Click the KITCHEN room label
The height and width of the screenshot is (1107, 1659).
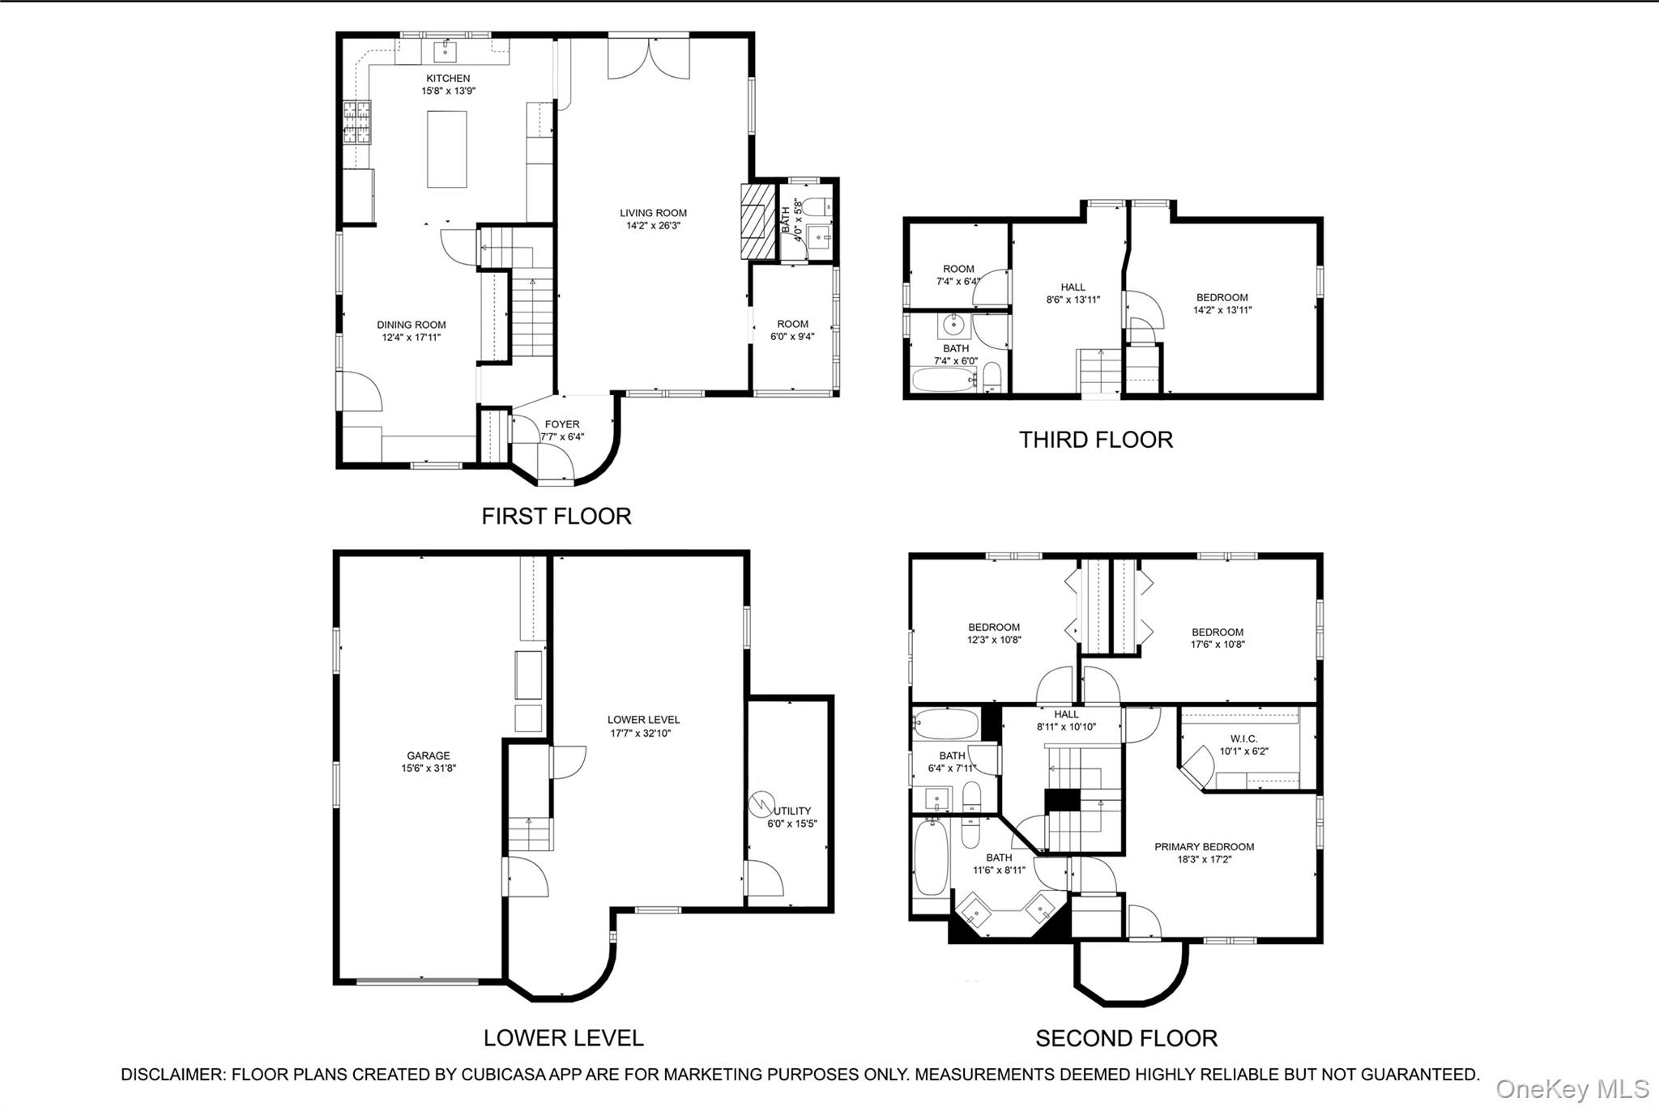tap(448, 79)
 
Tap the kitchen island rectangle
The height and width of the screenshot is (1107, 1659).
tap(446, 149)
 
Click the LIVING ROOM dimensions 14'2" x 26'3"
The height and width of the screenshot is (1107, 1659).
tap(653, 226)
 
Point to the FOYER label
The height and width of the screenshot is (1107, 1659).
tap(562, 424)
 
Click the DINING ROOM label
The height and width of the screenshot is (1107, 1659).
tap(411, 325)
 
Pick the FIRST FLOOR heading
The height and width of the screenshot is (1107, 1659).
tap(556, 516)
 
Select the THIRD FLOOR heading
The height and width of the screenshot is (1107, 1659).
tap(1095, 440)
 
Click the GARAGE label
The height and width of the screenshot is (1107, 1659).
tap(429, 756)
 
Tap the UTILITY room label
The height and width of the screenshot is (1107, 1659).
tap(792, 811)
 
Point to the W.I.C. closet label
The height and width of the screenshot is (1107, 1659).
tap(1243, 739)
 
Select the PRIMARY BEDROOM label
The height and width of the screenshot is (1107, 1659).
tap(1204, 847)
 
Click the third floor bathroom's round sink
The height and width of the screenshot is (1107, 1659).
tap(954, 326)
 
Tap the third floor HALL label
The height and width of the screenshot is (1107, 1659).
tap(1073, 287)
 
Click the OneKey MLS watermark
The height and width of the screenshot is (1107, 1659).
tap(1572, 1088)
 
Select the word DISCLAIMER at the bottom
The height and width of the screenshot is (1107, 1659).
tap(172, 1075)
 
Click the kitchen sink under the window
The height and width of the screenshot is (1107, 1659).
tap(446, 51)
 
